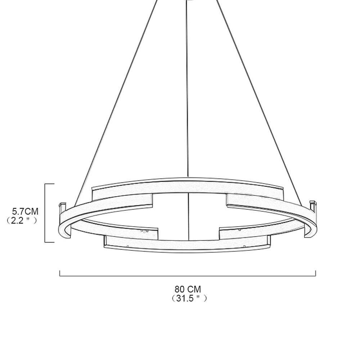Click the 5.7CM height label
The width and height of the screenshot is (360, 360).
[x=25, y=211]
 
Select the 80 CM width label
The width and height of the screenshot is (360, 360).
[x=188, y=289]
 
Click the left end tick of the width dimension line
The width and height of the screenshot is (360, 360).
[x=60, y=274]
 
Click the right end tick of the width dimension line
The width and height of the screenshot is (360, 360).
[x=315, y=274]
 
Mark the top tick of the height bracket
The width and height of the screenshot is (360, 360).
[x=50, y=184]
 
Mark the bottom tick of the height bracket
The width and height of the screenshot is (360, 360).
[x=50, y=242]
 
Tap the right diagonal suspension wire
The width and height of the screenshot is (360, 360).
[x=259, y=90]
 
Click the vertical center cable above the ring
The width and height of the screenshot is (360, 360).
[x=188, y=90]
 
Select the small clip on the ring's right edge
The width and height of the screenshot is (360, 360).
[x=312, y=204]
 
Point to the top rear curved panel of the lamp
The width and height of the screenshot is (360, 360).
[x=187, y=185]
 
